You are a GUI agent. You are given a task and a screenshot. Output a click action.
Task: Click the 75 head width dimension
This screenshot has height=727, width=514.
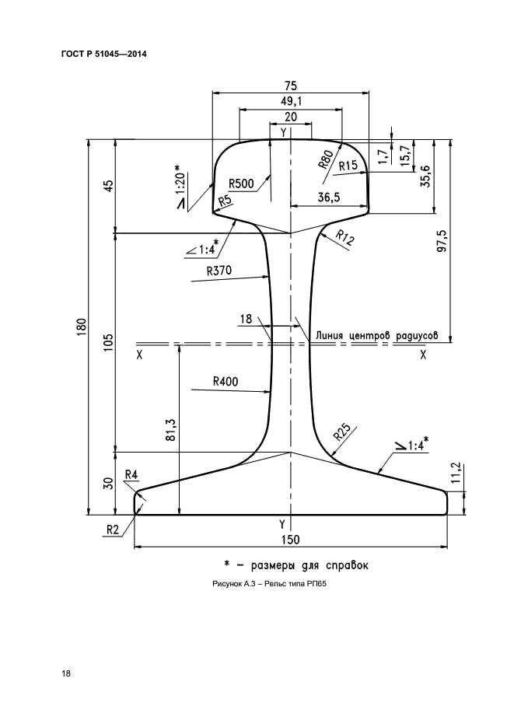point(291,86)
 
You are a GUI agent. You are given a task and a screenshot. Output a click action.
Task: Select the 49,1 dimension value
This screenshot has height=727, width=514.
point(291,101)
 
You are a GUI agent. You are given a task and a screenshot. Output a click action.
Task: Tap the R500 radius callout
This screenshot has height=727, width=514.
point(242,183)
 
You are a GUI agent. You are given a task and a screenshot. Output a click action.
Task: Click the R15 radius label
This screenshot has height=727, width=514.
point(348,166)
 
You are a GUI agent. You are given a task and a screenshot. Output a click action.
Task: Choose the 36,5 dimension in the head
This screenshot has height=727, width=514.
point(329,197)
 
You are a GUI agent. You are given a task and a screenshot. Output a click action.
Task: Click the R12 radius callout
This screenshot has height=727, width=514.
point(344,237)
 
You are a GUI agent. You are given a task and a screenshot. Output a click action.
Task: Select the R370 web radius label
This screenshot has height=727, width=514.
point(219,271)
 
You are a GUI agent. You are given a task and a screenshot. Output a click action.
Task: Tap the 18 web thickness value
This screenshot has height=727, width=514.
point(246,319)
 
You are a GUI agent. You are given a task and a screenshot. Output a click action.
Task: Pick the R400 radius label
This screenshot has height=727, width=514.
point(226,382)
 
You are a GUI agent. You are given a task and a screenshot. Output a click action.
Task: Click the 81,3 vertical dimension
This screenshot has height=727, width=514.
point(170,429)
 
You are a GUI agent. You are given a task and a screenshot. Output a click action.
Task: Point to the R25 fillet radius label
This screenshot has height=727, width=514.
point(342,432)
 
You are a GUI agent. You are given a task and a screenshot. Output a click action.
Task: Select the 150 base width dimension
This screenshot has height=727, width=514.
point(291,539)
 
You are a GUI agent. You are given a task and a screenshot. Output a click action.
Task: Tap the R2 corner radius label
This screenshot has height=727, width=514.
point(113,530)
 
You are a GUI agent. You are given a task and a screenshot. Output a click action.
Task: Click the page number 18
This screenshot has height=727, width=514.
point(66,673)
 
